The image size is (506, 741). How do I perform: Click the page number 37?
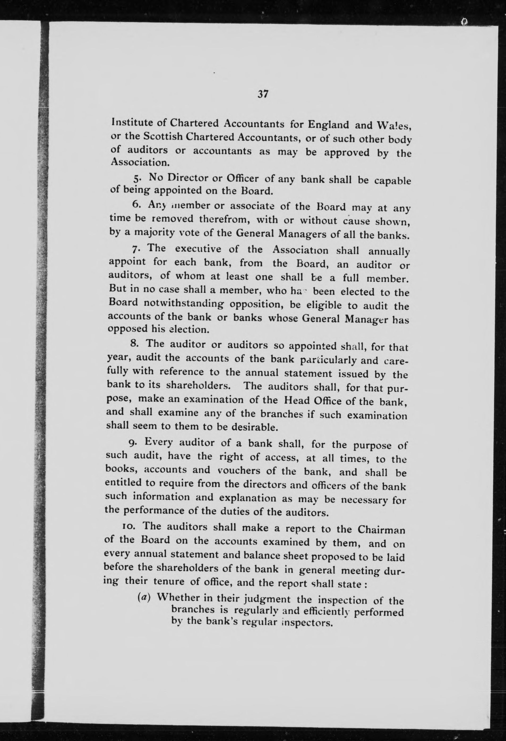263,94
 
